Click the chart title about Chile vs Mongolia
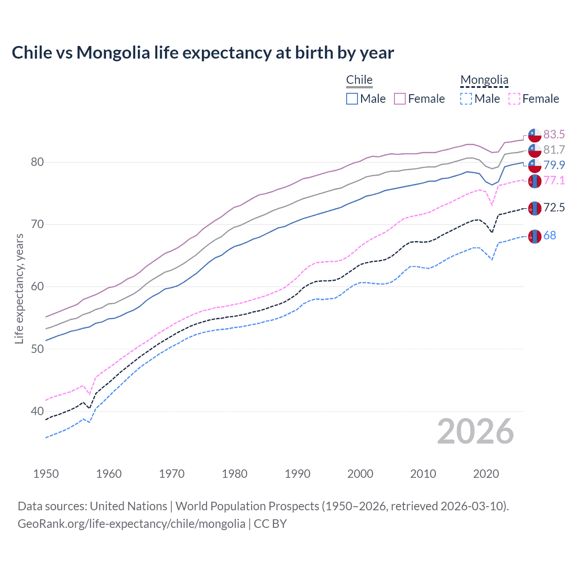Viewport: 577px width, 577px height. (203, 53)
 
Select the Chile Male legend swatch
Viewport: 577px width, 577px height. (352, 99)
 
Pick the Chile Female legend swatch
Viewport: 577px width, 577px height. (400, 99)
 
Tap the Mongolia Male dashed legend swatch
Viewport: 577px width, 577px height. (466, 99)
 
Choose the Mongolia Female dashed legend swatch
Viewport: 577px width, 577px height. (514, 99)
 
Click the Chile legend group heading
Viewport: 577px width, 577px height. (359, 80)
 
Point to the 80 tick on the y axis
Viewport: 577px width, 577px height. (37, 162)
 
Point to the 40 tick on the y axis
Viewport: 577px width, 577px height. (37, 411)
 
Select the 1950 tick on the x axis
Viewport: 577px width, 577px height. (46, 474)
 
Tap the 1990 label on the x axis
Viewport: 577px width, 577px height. (298, 474)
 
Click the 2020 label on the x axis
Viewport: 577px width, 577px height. (486, 474)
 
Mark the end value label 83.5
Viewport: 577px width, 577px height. (554, 134)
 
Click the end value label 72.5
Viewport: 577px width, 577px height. (554, 207)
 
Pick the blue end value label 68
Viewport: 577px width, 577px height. (550, 235)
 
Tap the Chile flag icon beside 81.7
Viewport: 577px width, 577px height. (535, 150)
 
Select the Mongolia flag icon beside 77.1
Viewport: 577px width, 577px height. (535, 181)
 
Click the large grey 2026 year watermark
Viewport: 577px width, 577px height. (475, 432)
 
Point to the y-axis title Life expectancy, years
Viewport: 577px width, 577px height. (19, 288)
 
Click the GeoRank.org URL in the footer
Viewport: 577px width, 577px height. (131, 524)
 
